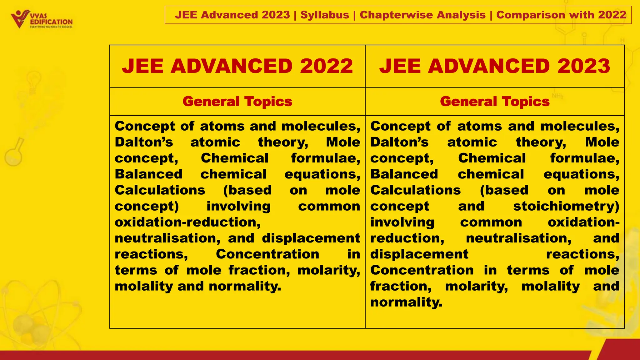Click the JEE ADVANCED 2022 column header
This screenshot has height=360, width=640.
[237, 66]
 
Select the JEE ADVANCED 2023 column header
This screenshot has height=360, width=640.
[494, 66]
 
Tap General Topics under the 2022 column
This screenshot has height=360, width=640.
[237, 102]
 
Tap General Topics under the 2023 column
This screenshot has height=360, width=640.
[494, 102]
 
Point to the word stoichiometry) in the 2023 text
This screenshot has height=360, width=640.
[566, 207]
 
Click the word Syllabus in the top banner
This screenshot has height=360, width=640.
[324, 15]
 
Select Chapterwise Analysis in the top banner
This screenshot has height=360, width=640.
[422, 15]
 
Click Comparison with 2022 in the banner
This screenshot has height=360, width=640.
[561, 15]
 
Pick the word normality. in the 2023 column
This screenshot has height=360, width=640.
[406, 302]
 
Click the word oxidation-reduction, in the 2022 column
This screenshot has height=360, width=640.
[187, 222]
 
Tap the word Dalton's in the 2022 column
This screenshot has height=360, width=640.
[143, 142]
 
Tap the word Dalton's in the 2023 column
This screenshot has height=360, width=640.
[399, 142]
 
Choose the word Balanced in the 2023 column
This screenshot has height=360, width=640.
[404, 174]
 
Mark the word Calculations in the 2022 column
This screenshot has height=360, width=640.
[160, 190]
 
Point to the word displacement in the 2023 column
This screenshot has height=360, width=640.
[419, 254]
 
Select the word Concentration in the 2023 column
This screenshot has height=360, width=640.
[422, 270]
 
